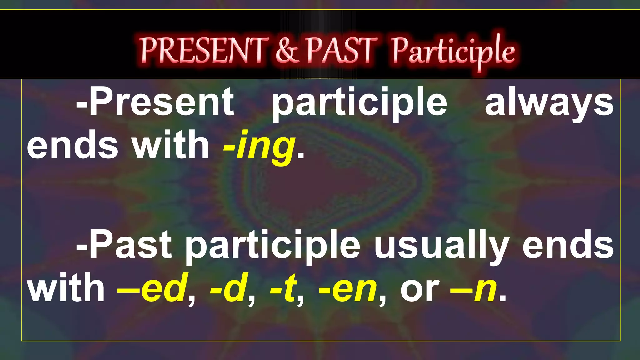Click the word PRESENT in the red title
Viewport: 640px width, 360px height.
tap(205, 50)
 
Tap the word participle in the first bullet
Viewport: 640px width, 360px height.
tap(359, 103)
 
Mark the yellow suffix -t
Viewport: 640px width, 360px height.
tap(282, 287)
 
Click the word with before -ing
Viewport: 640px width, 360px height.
tap(170, 144)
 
